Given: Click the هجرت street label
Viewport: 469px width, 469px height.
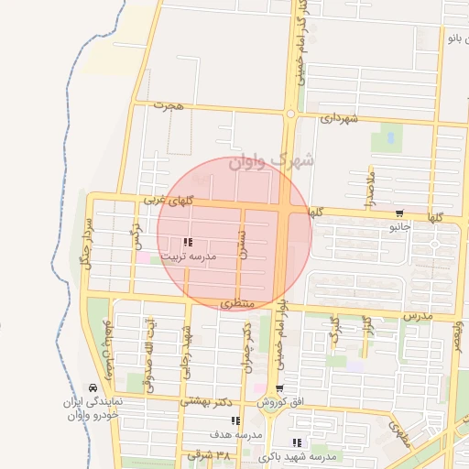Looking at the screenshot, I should click(169, 106).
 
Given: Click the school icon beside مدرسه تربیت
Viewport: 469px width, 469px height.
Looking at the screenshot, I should click(188, 243).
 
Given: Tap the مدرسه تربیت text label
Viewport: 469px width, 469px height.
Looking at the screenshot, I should click(189, 257).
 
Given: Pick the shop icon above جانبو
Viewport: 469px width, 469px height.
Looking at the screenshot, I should click(397, 213).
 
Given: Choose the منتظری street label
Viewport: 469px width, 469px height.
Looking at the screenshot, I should click(240, 301).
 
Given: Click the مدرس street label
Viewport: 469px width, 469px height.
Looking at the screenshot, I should click(417, 314).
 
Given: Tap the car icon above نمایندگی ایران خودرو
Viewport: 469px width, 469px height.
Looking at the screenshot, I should click(92, 388).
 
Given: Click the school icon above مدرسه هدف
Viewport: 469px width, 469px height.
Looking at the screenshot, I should click(235, 420).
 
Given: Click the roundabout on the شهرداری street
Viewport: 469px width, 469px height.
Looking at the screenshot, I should click(290, 114).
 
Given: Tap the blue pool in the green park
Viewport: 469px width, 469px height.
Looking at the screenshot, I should click(391, 138).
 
